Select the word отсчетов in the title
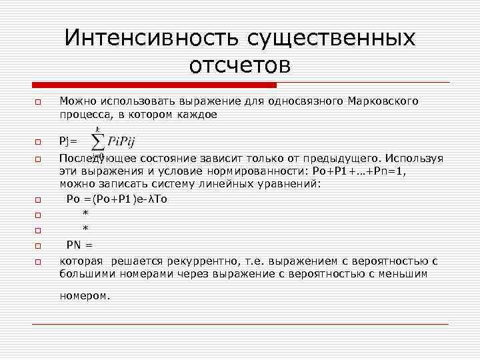239,66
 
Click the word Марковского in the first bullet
383,101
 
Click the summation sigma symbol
98,141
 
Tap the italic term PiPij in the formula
125,141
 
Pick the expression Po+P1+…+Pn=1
361,171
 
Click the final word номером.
85,295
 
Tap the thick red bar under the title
154,85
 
